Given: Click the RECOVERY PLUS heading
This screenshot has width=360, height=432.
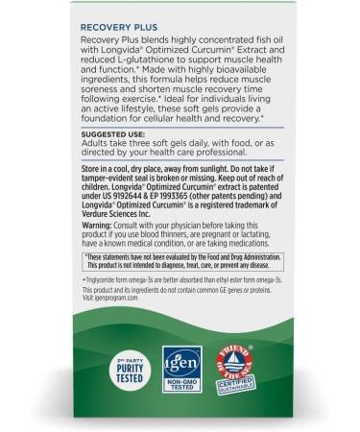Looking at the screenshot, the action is pos(116,44).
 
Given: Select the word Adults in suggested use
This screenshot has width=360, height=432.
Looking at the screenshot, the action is pos(93,174).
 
